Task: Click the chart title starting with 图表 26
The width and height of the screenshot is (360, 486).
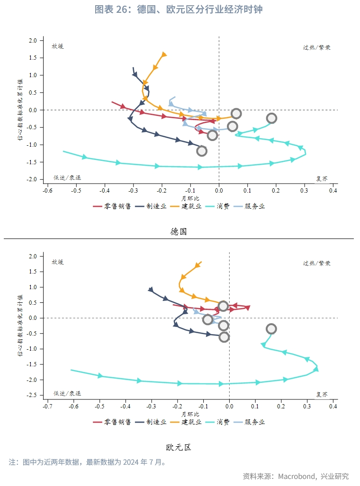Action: pyautogui.click(x=179, y=9)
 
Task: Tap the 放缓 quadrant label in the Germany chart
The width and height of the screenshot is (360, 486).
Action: pyautogui.click(x=57, y=46)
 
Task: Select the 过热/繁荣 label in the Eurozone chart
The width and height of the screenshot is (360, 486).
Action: pyautogui.click(x=317, y=263)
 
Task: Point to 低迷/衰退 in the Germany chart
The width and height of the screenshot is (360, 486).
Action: pyautogui.click(x=67, y=177)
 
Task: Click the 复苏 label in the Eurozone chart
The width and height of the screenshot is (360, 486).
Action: pyautogui.click(x=322, y=394)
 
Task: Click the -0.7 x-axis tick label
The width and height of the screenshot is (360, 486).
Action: pyautogui.click(x=47, y=406)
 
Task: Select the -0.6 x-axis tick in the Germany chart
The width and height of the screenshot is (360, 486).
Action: pyautogui.click(x=47, y=190)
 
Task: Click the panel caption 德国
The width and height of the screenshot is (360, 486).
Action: pyautogui.click(x=179, y=231)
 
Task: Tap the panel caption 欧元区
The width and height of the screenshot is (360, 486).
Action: pyautogui.click(x=179, y=447)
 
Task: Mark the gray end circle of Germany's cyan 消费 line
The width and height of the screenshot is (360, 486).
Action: pyautogui.click(x=271, y=118)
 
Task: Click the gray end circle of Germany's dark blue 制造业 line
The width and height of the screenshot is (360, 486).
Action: pyautogui.click(x=202, y=151)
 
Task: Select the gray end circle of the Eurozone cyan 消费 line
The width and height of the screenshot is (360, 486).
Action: pyautogui.click(x=271, y=329)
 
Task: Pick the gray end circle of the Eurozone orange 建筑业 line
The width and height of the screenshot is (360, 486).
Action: pyautogui.click(x=223, y=306)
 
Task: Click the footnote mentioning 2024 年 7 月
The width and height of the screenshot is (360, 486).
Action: pyautogui.click(x=88, y=462)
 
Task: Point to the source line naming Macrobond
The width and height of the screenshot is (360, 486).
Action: pyautogui.click(x=296, y=476)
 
